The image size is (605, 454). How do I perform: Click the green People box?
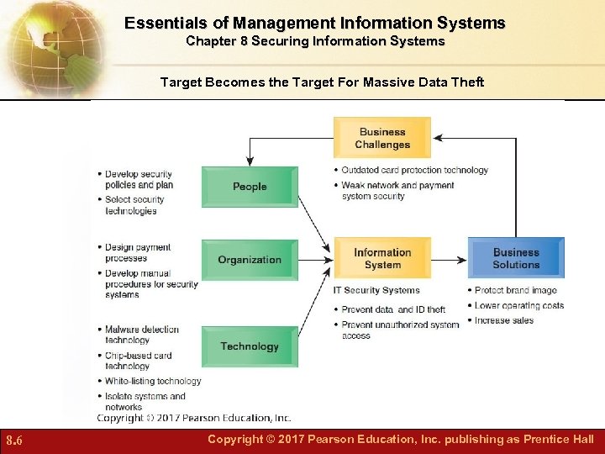[250, 187]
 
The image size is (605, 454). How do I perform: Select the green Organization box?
[250, 260]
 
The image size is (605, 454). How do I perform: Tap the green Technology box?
[250, 346]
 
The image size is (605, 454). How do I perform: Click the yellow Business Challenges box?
[382, 138]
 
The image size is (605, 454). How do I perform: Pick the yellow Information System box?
[382, 258]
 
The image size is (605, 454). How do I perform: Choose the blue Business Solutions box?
[516, 258]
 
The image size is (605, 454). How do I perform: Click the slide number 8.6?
[15, 440]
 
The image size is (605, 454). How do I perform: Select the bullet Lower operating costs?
[518, 305]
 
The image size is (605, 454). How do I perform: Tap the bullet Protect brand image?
[515, 291]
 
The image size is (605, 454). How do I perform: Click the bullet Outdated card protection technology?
[414, 170]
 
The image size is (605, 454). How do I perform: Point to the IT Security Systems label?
[376, 291]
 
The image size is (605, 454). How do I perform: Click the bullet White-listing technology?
[153, 381]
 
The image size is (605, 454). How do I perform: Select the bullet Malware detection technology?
[141, 335]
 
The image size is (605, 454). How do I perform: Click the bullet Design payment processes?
[137, 253]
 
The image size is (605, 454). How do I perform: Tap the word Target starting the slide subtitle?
[180, 82]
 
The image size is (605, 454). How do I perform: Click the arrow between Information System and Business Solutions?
[450, 259]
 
